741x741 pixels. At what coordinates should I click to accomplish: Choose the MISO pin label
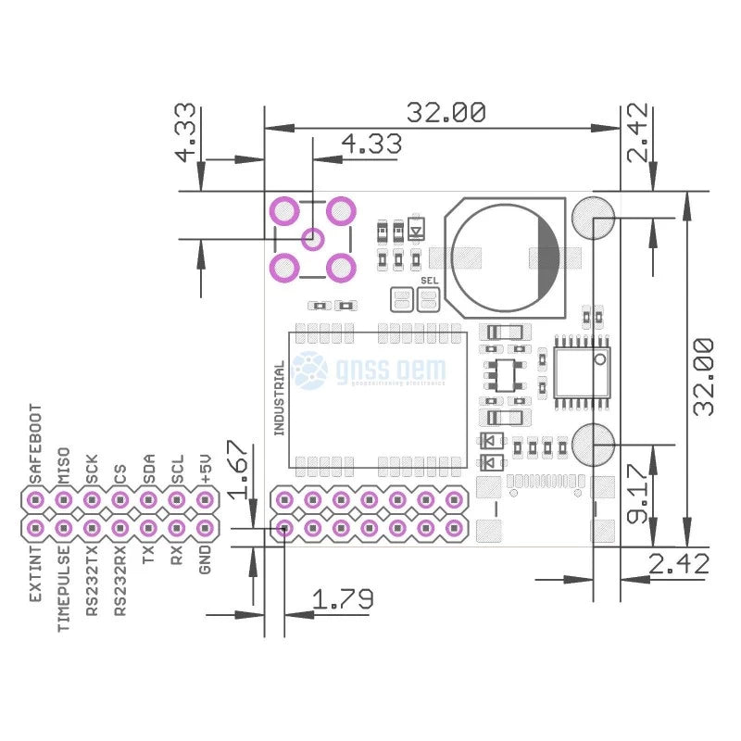coord(64,463)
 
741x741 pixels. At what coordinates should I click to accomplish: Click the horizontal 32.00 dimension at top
coord(446,112)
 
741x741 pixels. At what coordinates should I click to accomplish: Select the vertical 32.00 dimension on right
coord(705,376)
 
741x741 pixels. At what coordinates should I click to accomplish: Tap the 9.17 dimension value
coord(638,500)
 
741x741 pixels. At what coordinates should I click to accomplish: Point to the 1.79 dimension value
coord(342,599)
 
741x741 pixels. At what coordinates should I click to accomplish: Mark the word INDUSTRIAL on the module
coord(279,398)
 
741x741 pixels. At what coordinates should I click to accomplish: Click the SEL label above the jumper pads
coord(429,280)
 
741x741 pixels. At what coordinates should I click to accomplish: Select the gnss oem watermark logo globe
coord(310,370)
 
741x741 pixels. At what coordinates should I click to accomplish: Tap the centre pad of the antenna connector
coord(312,239)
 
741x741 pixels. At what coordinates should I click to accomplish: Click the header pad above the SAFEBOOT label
coord(35,501)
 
